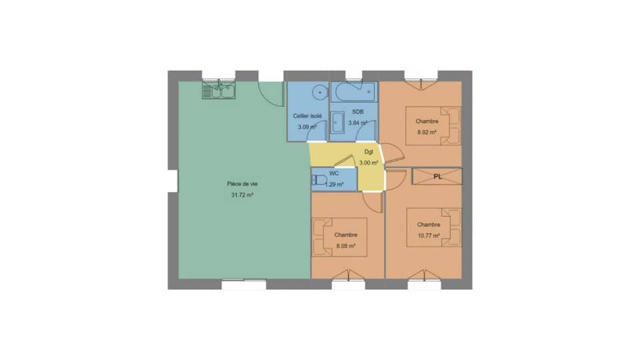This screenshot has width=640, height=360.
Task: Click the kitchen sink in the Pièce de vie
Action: pos(219,90)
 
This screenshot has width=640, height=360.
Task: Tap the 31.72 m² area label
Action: pos(241,195)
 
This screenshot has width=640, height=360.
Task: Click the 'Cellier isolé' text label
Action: pos(307,116)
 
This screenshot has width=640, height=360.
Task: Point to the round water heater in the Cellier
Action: pos(321,93)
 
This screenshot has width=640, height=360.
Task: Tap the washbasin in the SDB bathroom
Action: pos(337,123)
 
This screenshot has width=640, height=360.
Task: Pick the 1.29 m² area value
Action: pos(335,184)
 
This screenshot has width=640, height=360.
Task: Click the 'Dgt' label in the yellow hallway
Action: pos(369,151)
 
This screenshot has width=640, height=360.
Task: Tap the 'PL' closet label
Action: pos(437,177)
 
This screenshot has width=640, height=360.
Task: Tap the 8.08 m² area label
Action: pos(345,245)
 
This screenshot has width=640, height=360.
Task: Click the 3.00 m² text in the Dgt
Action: pos(369,162)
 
